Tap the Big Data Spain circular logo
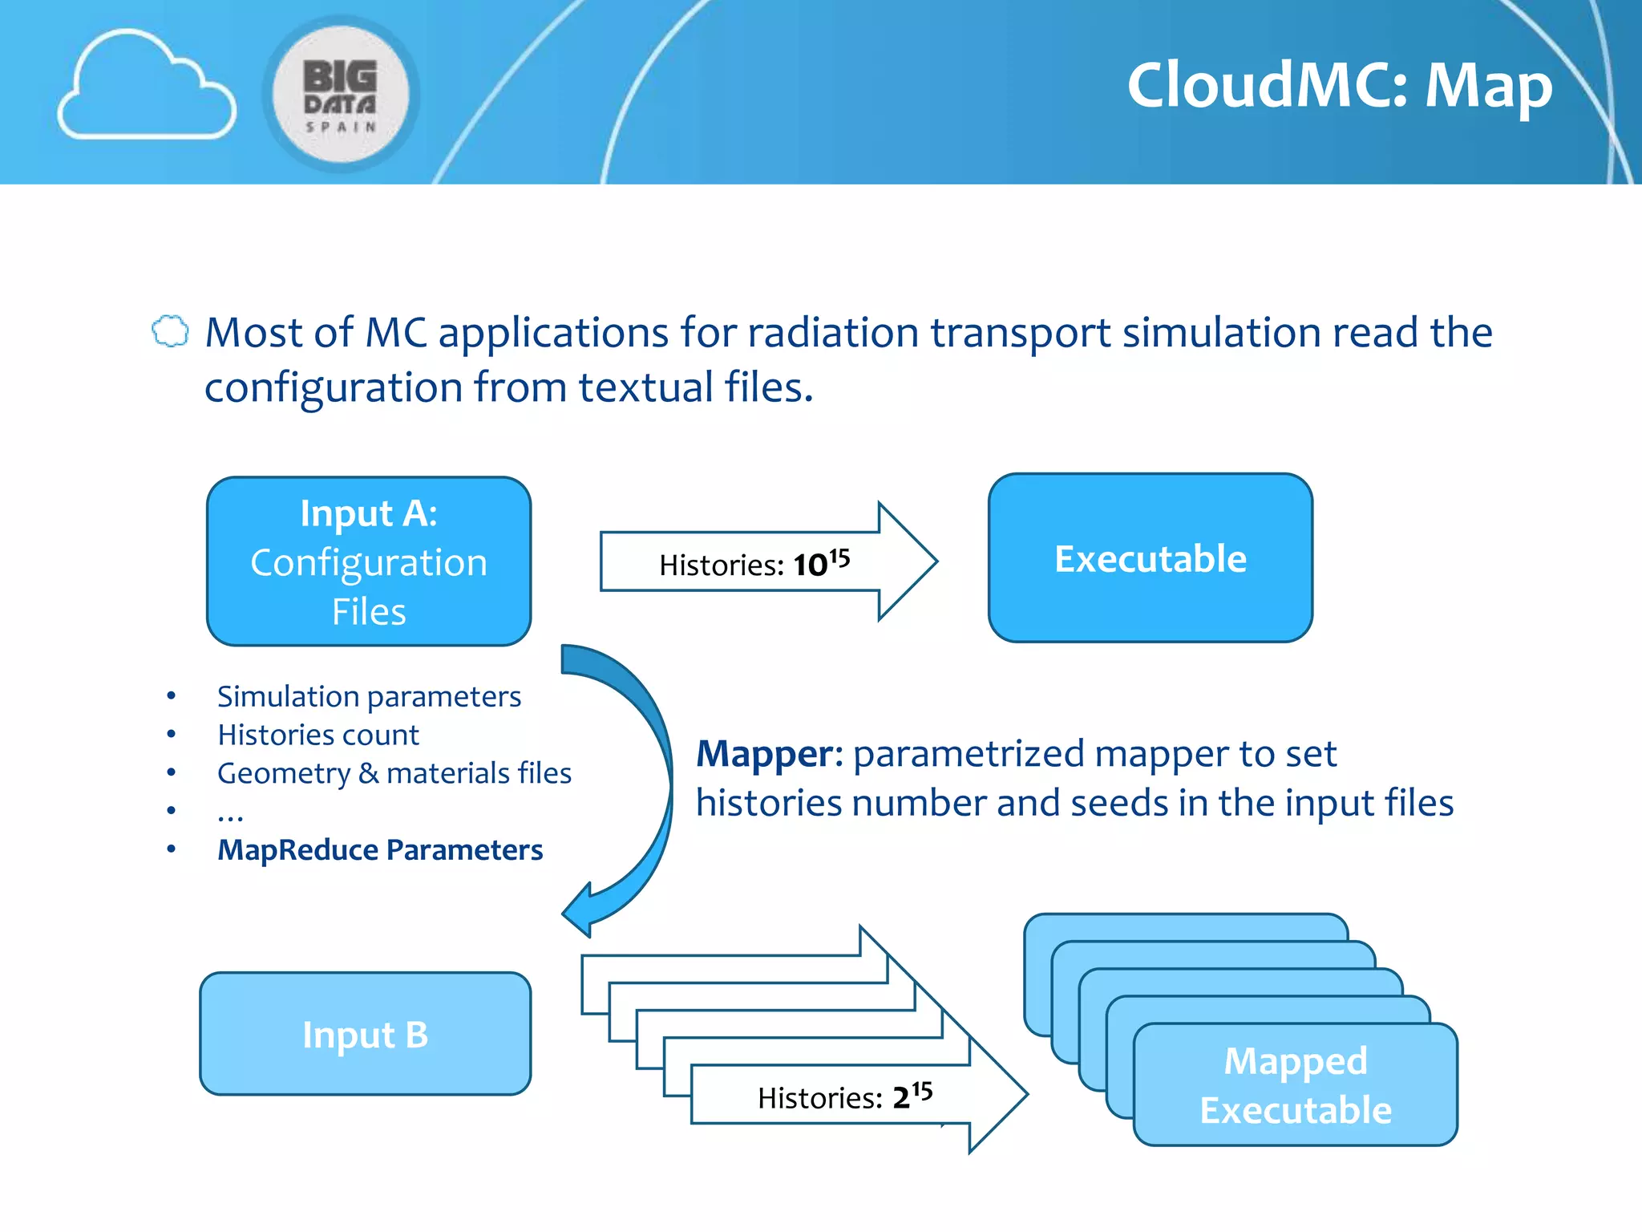coord(341,95)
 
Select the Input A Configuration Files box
coord(369,561)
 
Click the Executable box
coord(1150,558)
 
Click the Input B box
coord(366,1034)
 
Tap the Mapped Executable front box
coord(1295,1084)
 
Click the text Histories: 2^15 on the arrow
coord(844,1096)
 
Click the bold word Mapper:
coord(768,754)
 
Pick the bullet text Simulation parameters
coord(369,696)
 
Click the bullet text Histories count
coord(318,735)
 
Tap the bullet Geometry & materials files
coord(394,773)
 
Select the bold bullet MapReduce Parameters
coord(380,850)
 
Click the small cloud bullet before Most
coord(170,331)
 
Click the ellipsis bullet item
coord(230,813)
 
